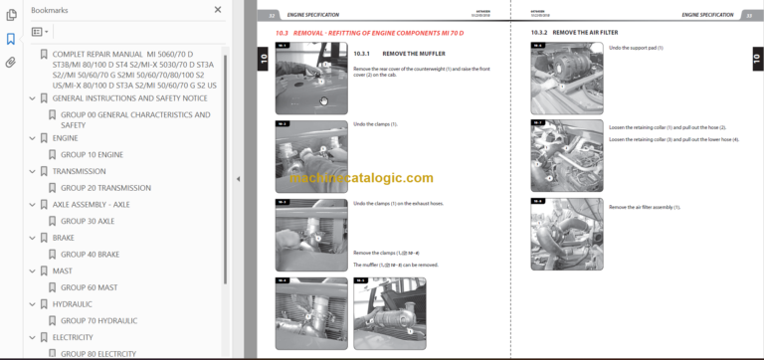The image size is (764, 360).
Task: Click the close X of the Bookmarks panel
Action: [218, 9]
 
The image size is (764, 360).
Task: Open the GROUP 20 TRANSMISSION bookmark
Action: [105, 188]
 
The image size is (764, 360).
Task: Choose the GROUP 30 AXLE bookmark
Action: [88, 221]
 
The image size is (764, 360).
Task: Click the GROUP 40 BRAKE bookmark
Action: [90, 254]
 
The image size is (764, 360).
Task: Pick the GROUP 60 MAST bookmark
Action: [89, 287]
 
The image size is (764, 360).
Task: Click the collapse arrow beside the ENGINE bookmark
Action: [33, 138]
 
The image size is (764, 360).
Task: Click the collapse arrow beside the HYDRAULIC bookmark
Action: [33, 303]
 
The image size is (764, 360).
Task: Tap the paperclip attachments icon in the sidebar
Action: [10, 62]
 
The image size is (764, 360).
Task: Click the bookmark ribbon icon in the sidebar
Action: [10, 39]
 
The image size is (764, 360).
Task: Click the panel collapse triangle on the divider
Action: [238, 179]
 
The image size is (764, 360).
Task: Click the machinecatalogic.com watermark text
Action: [362, 178]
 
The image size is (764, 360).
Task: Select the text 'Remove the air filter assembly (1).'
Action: [645, 207]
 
